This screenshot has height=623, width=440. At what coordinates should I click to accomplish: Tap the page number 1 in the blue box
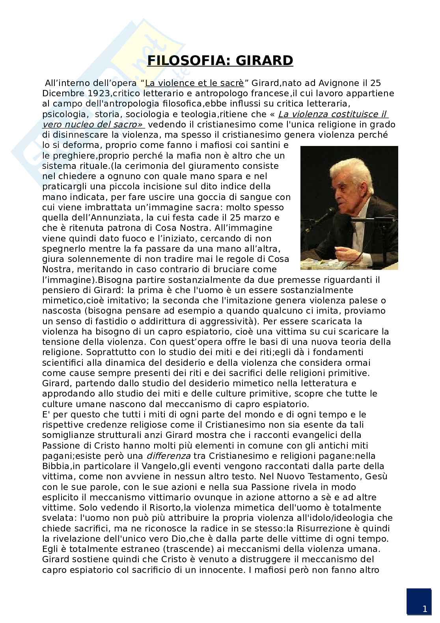(424, 609)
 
